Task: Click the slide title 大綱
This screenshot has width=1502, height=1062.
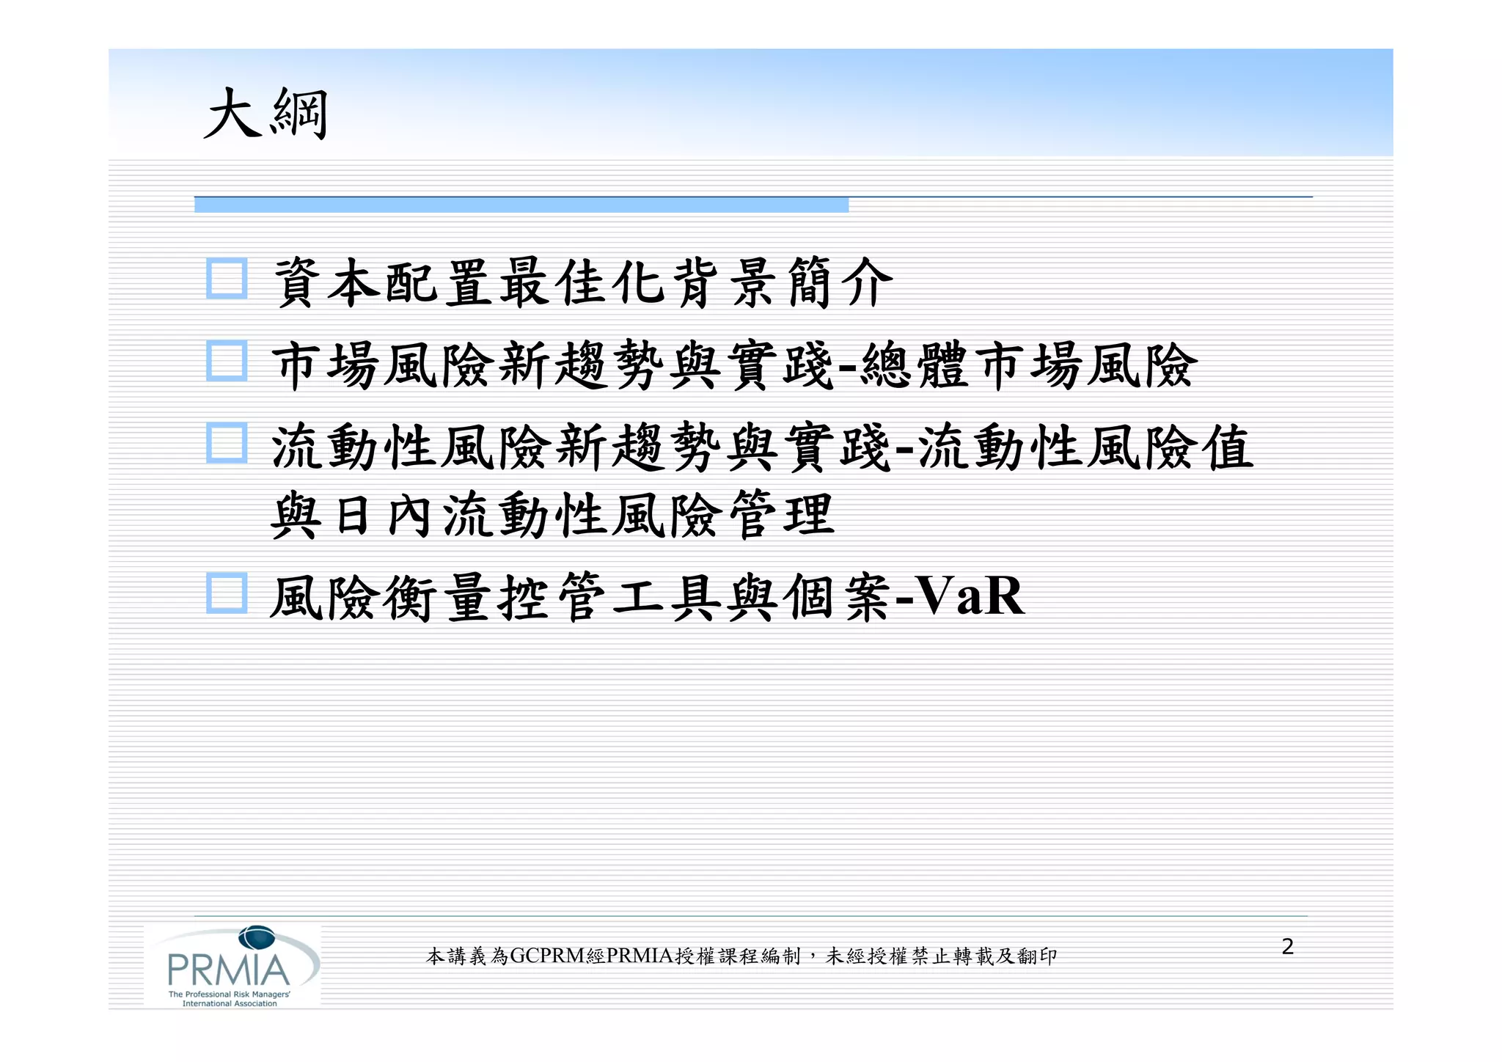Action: (265, 114)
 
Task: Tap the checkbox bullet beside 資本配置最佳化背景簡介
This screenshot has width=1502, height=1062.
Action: (227, 279)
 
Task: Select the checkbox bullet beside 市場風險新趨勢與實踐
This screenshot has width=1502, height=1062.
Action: (227, 361)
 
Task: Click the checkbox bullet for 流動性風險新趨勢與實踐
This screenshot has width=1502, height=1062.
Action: (227, 443)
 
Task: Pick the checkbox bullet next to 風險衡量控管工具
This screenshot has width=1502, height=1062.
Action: (227, 593)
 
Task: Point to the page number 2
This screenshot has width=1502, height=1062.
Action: (1287, 947)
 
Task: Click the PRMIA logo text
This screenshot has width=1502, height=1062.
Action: (229, 970)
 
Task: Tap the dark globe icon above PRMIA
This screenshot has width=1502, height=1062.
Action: (257, 937)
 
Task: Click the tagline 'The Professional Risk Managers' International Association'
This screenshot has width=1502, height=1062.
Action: (230, 999)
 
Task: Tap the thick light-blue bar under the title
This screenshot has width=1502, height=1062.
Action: (521, 205)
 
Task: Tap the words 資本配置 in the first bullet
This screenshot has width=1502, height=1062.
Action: (381, 282)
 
